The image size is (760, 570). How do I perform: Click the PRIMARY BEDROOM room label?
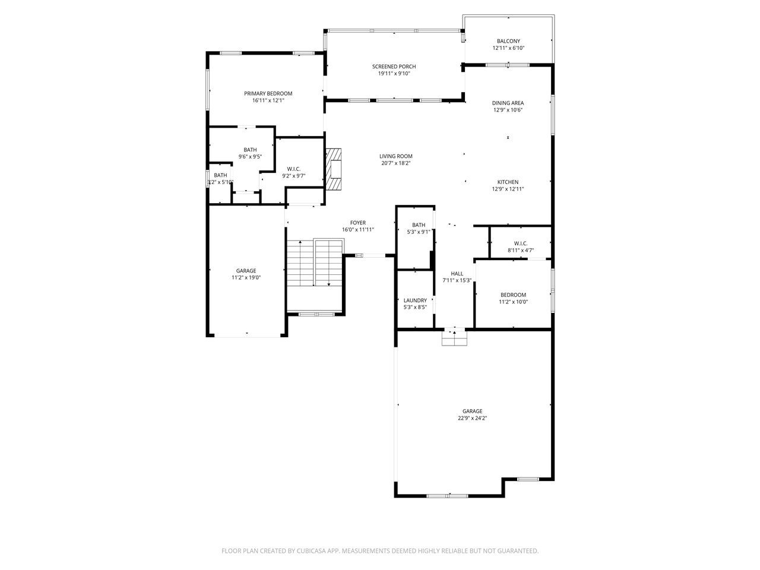coord(268,93)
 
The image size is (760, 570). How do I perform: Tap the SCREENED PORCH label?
coord(394,66)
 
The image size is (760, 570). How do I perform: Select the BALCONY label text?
coord(508,41)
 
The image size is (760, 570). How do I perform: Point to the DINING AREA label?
coord(508,103)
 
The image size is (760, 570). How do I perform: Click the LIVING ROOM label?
coord(396,156)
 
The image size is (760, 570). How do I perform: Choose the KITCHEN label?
coord(508,182)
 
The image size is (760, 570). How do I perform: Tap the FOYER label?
coord(358,223)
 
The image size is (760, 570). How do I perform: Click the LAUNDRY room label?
coord(415,300)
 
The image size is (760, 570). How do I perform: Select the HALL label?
coord(457,273)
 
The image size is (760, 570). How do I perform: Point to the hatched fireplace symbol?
coord(333,169)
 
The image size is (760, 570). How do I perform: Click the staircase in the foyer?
coord(315,262)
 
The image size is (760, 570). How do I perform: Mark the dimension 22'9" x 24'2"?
coord(472,418)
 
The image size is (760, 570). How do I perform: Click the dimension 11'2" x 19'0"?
coord(246,277)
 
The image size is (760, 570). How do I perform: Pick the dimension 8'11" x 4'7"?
coord(521,250)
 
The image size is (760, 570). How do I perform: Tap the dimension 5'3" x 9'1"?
coord(419,232)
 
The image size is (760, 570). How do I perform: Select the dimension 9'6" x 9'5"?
coord(250,156)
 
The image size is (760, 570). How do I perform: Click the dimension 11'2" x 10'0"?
coord(513,302)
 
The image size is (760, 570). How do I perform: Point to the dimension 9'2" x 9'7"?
coord(294,176)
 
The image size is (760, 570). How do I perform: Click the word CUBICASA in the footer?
coord(311,550)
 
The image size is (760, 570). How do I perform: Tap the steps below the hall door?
coord(454,338)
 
